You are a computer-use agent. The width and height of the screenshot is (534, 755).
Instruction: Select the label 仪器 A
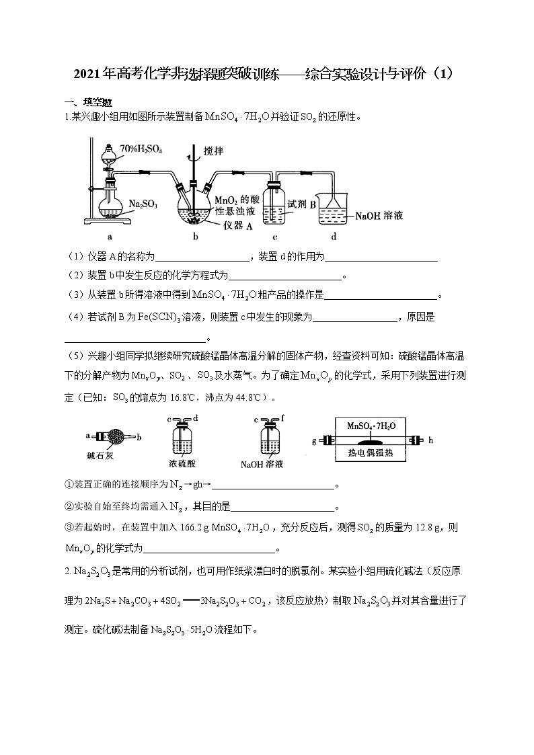pyautogui.click(x=237, y=226)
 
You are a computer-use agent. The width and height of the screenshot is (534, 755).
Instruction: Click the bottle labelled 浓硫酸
pyautogui.click(x=182, y=441)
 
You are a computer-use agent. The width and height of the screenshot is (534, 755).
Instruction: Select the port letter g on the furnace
pyautogui.click(x=313, y=441)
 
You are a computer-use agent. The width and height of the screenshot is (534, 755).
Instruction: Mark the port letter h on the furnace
pyautogui.click(x=431, y=441)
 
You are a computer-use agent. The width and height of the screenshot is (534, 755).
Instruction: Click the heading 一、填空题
pyautogui.click(x=83, y=102)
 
